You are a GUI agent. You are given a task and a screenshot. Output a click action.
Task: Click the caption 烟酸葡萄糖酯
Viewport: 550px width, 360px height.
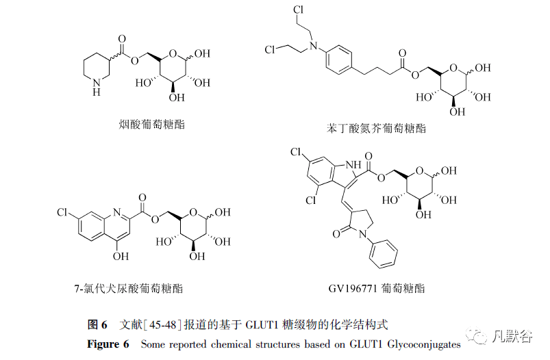(x=151, y=125)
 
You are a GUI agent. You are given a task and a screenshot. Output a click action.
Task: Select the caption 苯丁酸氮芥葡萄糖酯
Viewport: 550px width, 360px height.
(x=376, y=128)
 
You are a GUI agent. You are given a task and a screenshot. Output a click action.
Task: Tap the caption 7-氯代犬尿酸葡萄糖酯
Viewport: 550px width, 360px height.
(x=128, y=289)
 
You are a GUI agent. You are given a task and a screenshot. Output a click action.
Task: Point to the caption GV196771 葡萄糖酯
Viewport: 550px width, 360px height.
(x=377, y=289)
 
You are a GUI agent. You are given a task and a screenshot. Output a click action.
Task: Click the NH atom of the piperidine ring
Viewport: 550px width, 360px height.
(x=97, y=87)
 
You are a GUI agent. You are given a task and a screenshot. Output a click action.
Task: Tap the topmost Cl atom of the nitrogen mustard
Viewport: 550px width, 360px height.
(x=298, y=10)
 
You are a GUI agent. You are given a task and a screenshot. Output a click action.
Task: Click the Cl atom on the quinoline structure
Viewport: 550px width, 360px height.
(x=62, y=212)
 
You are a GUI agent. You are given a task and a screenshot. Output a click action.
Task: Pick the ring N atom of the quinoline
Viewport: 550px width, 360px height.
(x=117, y=212)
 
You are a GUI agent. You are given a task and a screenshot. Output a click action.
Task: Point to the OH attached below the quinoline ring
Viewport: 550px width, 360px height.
(x=121, y=256)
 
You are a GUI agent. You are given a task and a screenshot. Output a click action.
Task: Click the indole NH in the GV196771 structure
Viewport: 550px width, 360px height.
(x=353, y=165)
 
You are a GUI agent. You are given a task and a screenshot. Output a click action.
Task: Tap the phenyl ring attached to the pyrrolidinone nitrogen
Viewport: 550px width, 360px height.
(x=383, y=254)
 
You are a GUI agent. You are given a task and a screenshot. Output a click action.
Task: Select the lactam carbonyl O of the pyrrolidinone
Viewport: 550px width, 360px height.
(x=336, y=234)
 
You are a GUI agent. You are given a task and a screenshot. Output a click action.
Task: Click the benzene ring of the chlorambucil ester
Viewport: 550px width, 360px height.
(x=339, y=60)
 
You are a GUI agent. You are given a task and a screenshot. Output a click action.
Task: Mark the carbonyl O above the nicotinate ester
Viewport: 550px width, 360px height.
(x=122, y=38)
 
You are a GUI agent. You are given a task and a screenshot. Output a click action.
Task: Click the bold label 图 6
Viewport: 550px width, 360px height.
(x=97, y=324)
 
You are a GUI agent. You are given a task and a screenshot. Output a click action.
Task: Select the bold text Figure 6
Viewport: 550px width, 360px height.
(x=108, y=344)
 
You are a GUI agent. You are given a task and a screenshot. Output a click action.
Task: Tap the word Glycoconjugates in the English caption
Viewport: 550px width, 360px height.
(x=424, y=344)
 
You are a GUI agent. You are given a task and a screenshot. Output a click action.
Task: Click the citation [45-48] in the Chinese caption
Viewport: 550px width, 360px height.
(x=162, y=324)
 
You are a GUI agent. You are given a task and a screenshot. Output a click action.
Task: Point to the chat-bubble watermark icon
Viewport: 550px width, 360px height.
(x=476, y=337)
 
